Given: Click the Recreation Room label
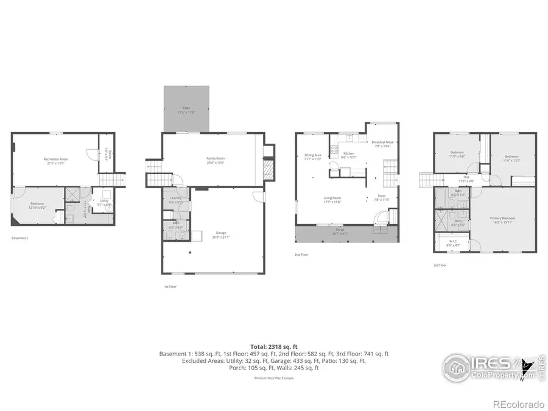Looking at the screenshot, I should tap(55, 160).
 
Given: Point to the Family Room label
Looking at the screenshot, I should tap(216, 160).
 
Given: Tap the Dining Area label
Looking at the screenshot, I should tap(313, 156).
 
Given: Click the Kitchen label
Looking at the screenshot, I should tap(348, 154).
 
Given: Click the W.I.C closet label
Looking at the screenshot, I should tap(454, 242).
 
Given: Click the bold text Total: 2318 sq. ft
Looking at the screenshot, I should tap(274, 346).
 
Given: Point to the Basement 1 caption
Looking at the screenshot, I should tap(20, 238).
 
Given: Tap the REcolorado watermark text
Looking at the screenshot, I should tap(518, 404).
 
